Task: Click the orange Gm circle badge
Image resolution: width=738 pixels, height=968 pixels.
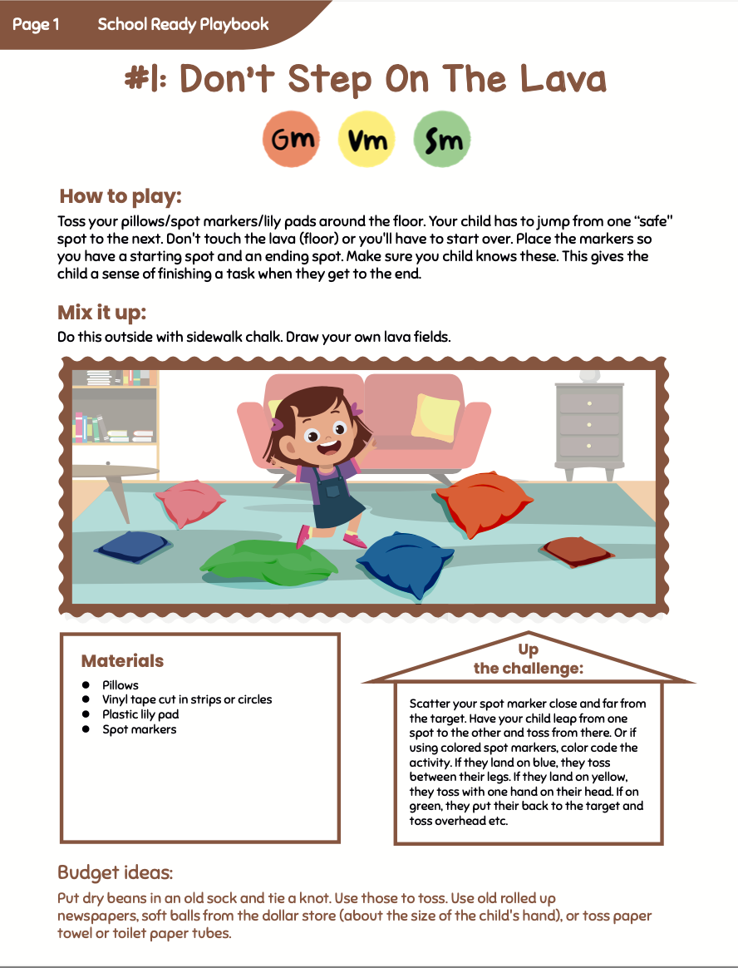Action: point(292,139)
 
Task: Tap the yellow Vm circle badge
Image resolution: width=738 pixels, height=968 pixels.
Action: point(367,139)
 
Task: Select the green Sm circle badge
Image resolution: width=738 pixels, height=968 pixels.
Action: point(442,139)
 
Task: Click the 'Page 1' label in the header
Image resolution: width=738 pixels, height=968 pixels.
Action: point(36,24)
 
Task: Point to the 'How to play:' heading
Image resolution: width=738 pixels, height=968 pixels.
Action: point(121,196)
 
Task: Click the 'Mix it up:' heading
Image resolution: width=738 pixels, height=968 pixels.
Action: point(101,313)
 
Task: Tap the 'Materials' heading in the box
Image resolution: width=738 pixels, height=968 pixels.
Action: point(122,661)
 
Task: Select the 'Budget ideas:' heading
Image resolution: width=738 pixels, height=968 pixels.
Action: point(115,872)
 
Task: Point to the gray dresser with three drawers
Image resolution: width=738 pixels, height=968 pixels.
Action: point(589,424)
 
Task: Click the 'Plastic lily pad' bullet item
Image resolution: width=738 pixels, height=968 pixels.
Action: point(140,714)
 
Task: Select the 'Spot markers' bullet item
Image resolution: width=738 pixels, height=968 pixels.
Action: point(139,729)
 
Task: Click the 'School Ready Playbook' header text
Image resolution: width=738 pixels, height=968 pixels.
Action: point(183,24)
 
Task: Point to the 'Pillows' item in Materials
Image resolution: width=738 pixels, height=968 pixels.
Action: point(121,684)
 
